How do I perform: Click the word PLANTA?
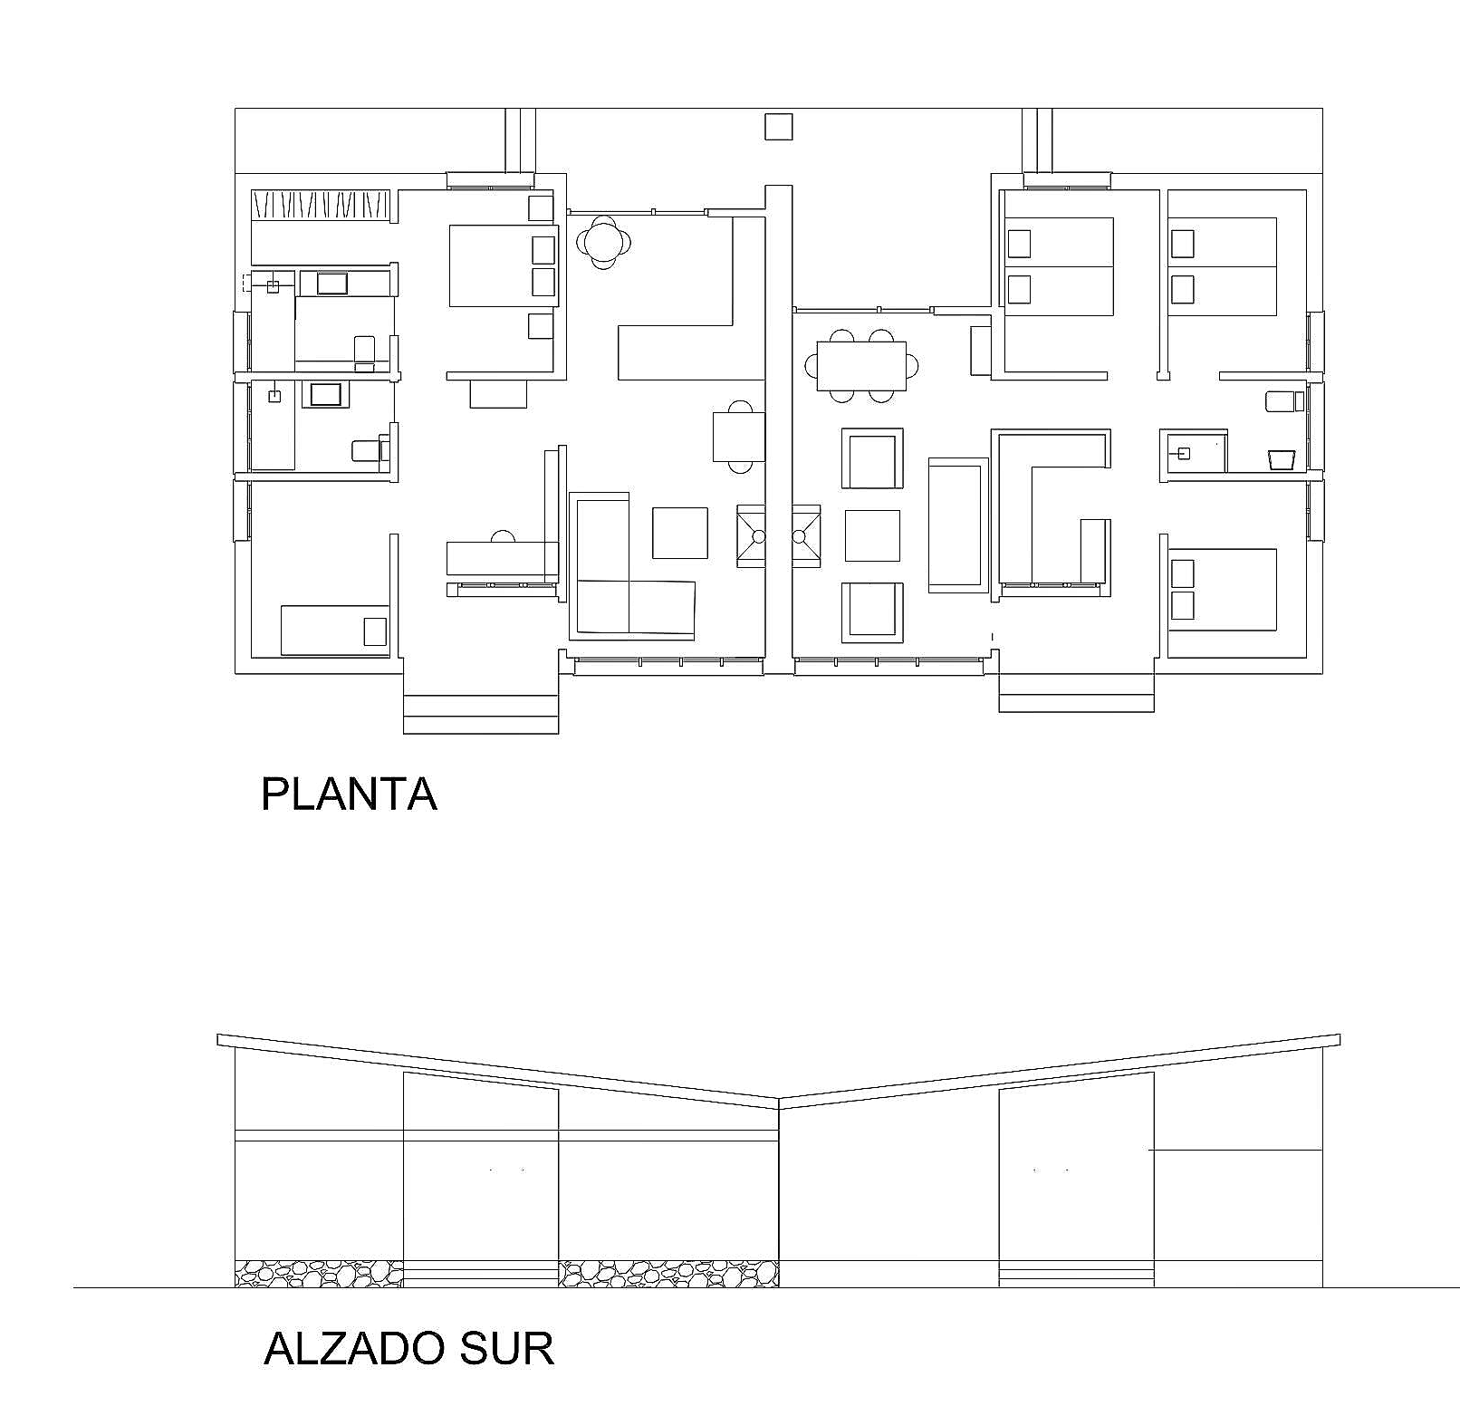(349, 794)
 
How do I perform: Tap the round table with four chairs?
(604, 241)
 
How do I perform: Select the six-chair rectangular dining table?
(861, 365)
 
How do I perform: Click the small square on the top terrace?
(778, 127)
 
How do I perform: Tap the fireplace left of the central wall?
(751, 536)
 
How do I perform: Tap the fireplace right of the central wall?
(807, 536)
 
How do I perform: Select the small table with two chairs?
(739, 437)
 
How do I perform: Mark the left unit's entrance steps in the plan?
(481, 714)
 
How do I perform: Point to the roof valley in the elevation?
(779, 1102)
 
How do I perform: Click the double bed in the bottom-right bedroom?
(1222, 590)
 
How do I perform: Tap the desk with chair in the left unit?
(502, 555)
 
